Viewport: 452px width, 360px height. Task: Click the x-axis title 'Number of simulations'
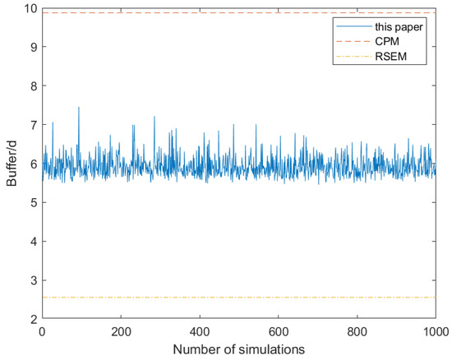pos(238,349)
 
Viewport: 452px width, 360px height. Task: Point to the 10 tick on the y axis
pos(30,9)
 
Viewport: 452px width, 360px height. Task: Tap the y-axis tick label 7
pos(33,125)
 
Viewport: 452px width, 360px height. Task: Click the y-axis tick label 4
pos(33,242)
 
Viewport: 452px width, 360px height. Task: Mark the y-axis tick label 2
pos(33,319)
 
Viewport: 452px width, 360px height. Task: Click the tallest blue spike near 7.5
pos(79,108)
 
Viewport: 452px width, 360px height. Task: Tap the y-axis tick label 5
pos(33,202)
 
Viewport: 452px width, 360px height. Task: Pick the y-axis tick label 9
pos(33,47)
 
